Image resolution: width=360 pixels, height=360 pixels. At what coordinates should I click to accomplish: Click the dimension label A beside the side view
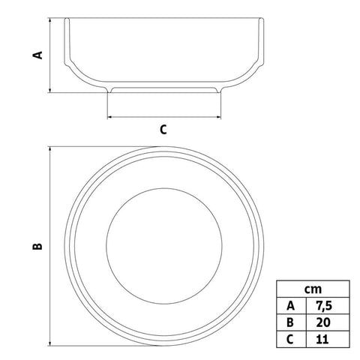(40, 54)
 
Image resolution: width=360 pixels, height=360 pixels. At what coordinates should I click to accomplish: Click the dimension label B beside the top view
(38, 245)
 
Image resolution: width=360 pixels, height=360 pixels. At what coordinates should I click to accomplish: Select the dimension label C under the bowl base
(163, 129)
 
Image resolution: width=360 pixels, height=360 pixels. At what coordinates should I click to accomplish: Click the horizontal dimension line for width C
(164, 117)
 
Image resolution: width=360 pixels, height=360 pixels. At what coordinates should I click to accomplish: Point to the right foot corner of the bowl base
(222, 92)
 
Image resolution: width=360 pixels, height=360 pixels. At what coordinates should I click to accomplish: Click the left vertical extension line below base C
(107, 106)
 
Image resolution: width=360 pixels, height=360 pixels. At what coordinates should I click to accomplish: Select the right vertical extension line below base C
(222, 106)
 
